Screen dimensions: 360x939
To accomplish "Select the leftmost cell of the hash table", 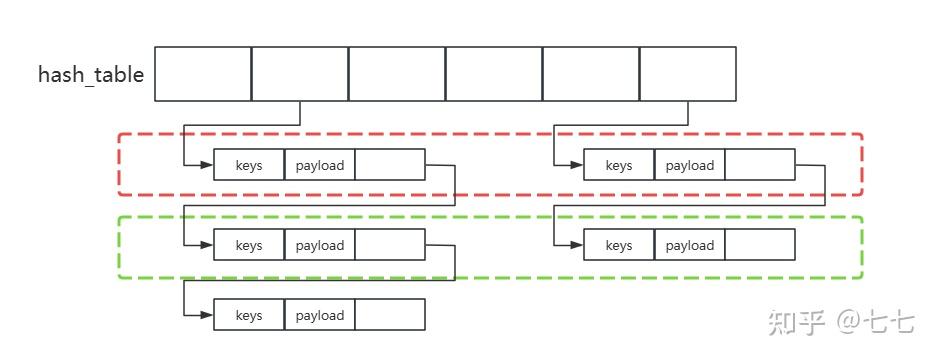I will point(203,73).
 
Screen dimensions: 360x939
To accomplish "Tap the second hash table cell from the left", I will point(300,73).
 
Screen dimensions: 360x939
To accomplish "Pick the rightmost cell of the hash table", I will point(688,73).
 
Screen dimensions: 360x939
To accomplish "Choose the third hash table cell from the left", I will point(397,73).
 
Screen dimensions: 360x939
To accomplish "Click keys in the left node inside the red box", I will point(249,165).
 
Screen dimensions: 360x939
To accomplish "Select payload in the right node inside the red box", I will point(690,165).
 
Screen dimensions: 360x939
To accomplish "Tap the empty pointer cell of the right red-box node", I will point(760,165).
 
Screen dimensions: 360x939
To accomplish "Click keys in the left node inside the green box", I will point(249,245).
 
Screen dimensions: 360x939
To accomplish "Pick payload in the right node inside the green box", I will point(690,245).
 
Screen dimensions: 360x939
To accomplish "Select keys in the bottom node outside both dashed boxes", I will point(249,315).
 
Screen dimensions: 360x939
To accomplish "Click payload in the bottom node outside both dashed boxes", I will point(320,315).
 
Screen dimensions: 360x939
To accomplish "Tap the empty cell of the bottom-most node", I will point(390,315).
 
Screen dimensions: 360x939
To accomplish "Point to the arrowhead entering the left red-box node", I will point(206,165).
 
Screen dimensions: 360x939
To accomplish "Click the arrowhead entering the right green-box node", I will point(576,245).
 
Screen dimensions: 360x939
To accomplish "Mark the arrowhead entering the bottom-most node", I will point(206,315).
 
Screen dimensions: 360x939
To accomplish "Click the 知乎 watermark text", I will point(796,322).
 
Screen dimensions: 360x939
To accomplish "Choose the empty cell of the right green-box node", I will point(760,245).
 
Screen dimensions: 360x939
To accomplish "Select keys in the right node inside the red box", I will point(619,165).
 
